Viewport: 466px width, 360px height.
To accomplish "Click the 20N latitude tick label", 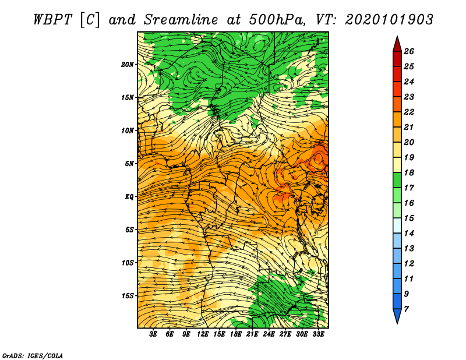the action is (x=127, y=65).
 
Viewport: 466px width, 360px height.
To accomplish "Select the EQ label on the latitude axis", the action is (x=129, y=197).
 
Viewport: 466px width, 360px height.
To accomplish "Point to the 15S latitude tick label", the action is (x=127, y=296).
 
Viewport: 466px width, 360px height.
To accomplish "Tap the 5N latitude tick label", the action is (x=129, y=164).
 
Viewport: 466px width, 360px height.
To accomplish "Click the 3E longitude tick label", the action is (x=153, y=334).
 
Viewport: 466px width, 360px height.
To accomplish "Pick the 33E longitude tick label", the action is (x=318, y=334).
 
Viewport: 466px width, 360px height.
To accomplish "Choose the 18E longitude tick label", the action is (x=235, y=334).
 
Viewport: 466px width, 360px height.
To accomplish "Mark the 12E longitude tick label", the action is (x=202, y=334).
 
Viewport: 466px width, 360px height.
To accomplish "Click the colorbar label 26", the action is (x=409, y=51).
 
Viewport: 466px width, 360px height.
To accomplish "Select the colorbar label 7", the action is (x=406, y=309).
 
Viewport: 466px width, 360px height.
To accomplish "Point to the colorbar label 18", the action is (x=409, y=172).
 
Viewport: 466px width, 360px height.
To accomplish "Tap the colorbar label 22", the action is (x=409, y=112).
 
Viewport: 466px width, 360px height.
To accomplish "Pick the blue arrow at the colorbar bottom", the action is (x=397, y=316).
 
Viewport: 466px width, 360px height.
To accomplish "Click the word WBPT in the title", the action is (x=53, y=20).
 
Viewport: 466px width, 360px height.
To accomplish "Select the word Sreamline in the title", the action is (x=181, y=20).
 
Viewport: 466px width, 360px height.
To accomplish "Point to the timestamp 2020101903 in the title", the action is (x=389, y=20).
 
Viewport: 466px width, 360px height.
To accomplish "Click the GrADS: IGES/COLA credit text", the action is (x=33, y=355).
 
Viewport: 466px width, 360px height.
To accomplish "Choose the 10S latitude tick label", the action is (x=127, y=263).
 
